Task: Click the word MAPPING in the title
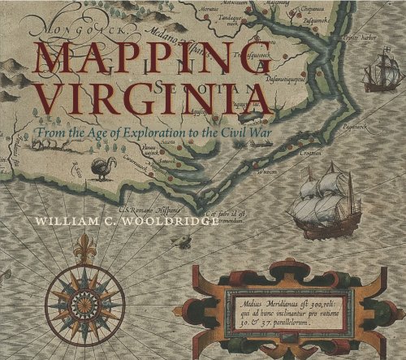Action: (x=134, y=62)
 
